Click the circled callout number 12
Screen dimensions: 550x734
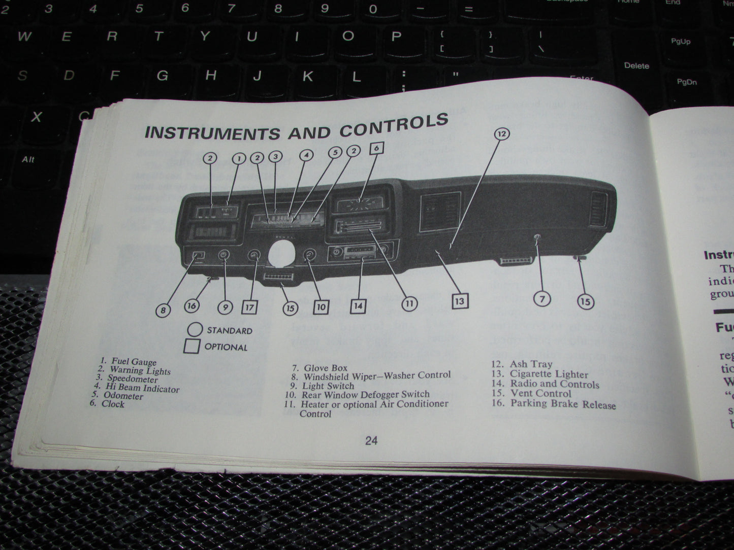[x=501, y=134]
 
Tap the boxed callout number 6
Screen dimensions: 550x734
[x=376, y=148]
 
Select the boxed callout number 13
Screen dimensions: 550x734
[x=459, y=301]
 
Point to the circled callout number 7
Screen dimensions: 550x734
[x=542, y=299]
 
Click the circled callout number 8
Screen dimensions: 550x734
[x=163, y=310]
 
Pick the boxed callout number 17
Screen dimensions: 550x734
[x=249, y=307]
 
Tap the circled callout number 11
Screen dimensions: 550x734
[x=409, y=303]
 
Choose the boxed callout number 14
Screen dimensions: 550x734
[x=358, y=305]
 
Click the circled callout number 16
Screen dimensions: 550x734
[x=192, y=305]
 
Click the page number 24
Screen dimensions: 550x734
[x=371, y=440]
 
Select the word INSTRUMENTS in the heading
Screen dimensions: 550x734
[x=212, y=132]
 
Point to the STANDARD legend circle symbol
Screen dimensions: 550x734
[x=195, y=330]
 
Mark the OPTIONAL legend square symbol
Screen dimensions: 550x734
[x=192, y=347]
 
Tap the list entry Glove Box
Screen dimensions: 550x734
[x=325, y=368]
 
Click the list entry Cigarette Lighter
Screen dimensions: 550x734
[x=549, y=374]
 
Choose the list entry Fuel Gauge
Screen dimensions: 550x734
[x=134, y=362]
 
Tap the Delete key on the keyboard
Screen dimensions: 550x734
[x=636, y=66]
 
